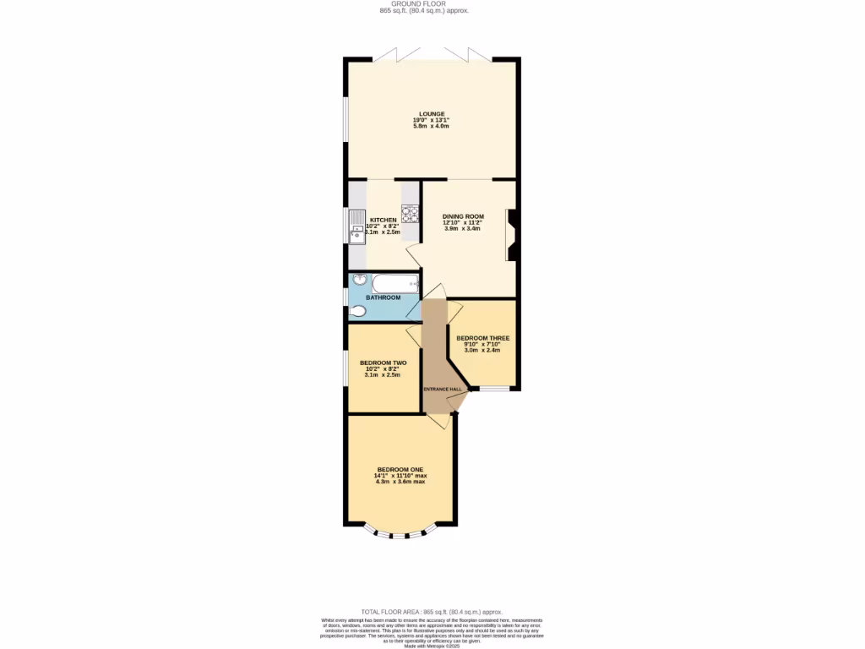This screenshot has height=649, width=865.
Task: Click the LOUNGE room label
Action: point(431,114)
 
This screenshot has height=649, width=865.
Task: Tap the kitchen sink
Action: point(357,226)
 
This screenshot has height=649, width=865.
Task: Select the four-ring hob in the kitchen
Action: point(411,213)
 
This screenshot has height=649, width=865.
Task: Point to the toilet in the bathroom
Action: point(357,312)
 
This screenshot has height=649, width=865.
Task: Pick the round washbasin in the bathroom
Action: point(358,280)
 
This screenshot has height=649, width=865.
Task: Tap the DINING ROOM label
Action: point(463,216)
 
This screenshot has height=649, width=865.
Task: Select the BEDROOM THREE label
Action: point(483,338)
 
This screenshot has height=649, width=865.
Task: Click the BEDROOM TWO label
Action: point(383,363)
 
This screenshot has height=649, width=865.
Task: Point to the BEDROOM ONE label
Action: point(400,469)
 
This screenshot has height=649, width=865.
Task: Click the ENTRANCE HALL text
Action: point(443,389)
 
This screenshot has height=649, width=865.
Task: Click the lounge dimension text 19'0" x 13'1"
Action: point(431,120)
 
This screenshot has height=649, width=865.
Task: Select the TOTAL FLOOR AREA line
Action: point(432,611)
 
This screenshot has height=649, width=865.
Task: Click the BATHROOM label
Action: point(383,297)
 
